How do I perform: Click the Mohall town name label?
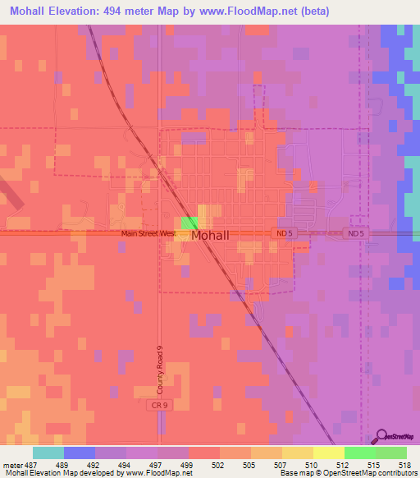click(217, 235)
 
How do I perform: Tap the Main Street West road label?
click(148, 233)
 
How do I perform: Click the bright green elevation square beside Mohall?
click(189, 223)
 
